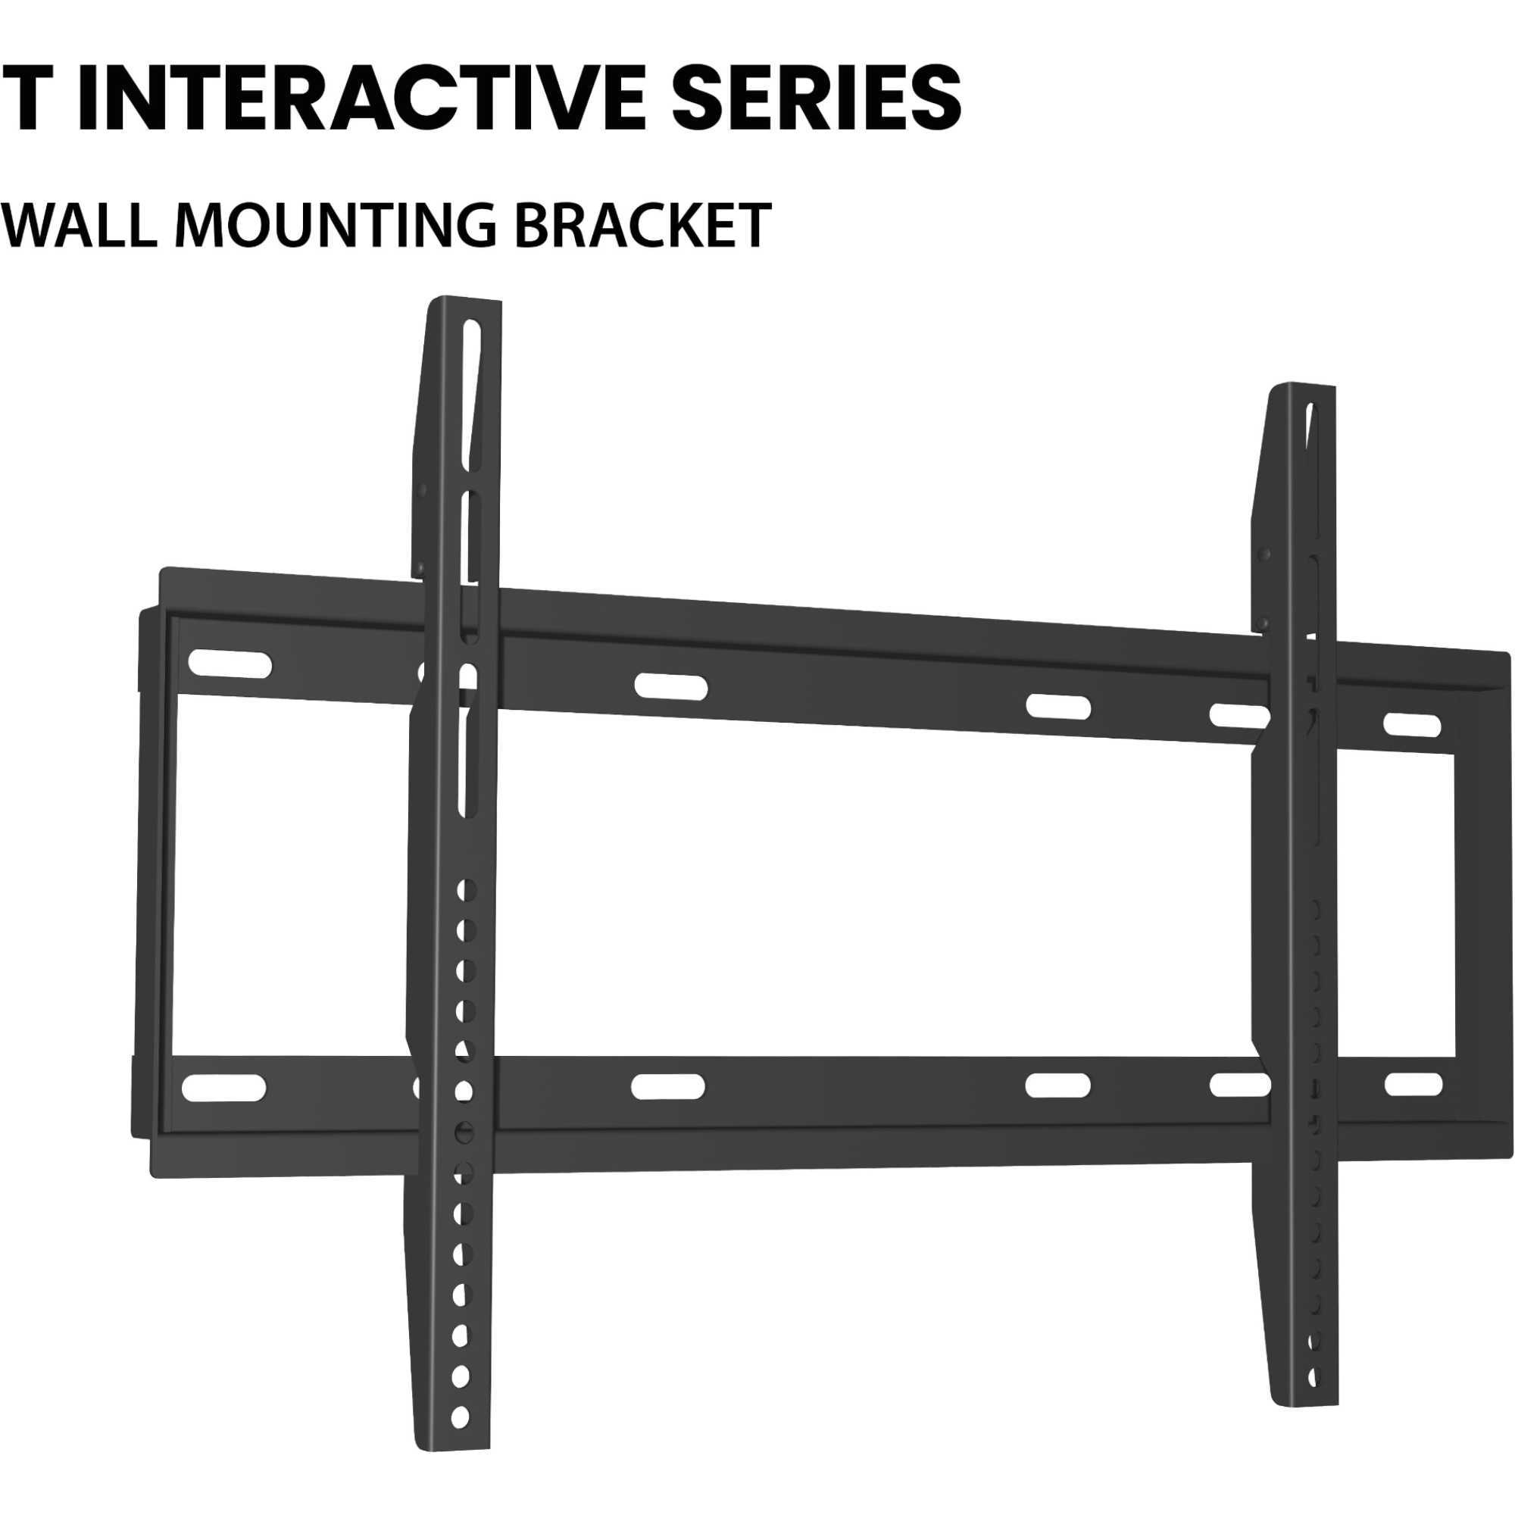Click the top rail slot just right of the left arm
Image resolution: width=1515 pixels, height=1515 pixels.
point(670,686)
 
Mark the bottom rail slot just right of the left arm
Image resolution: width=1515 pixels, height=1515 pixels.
point(667,1087)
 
